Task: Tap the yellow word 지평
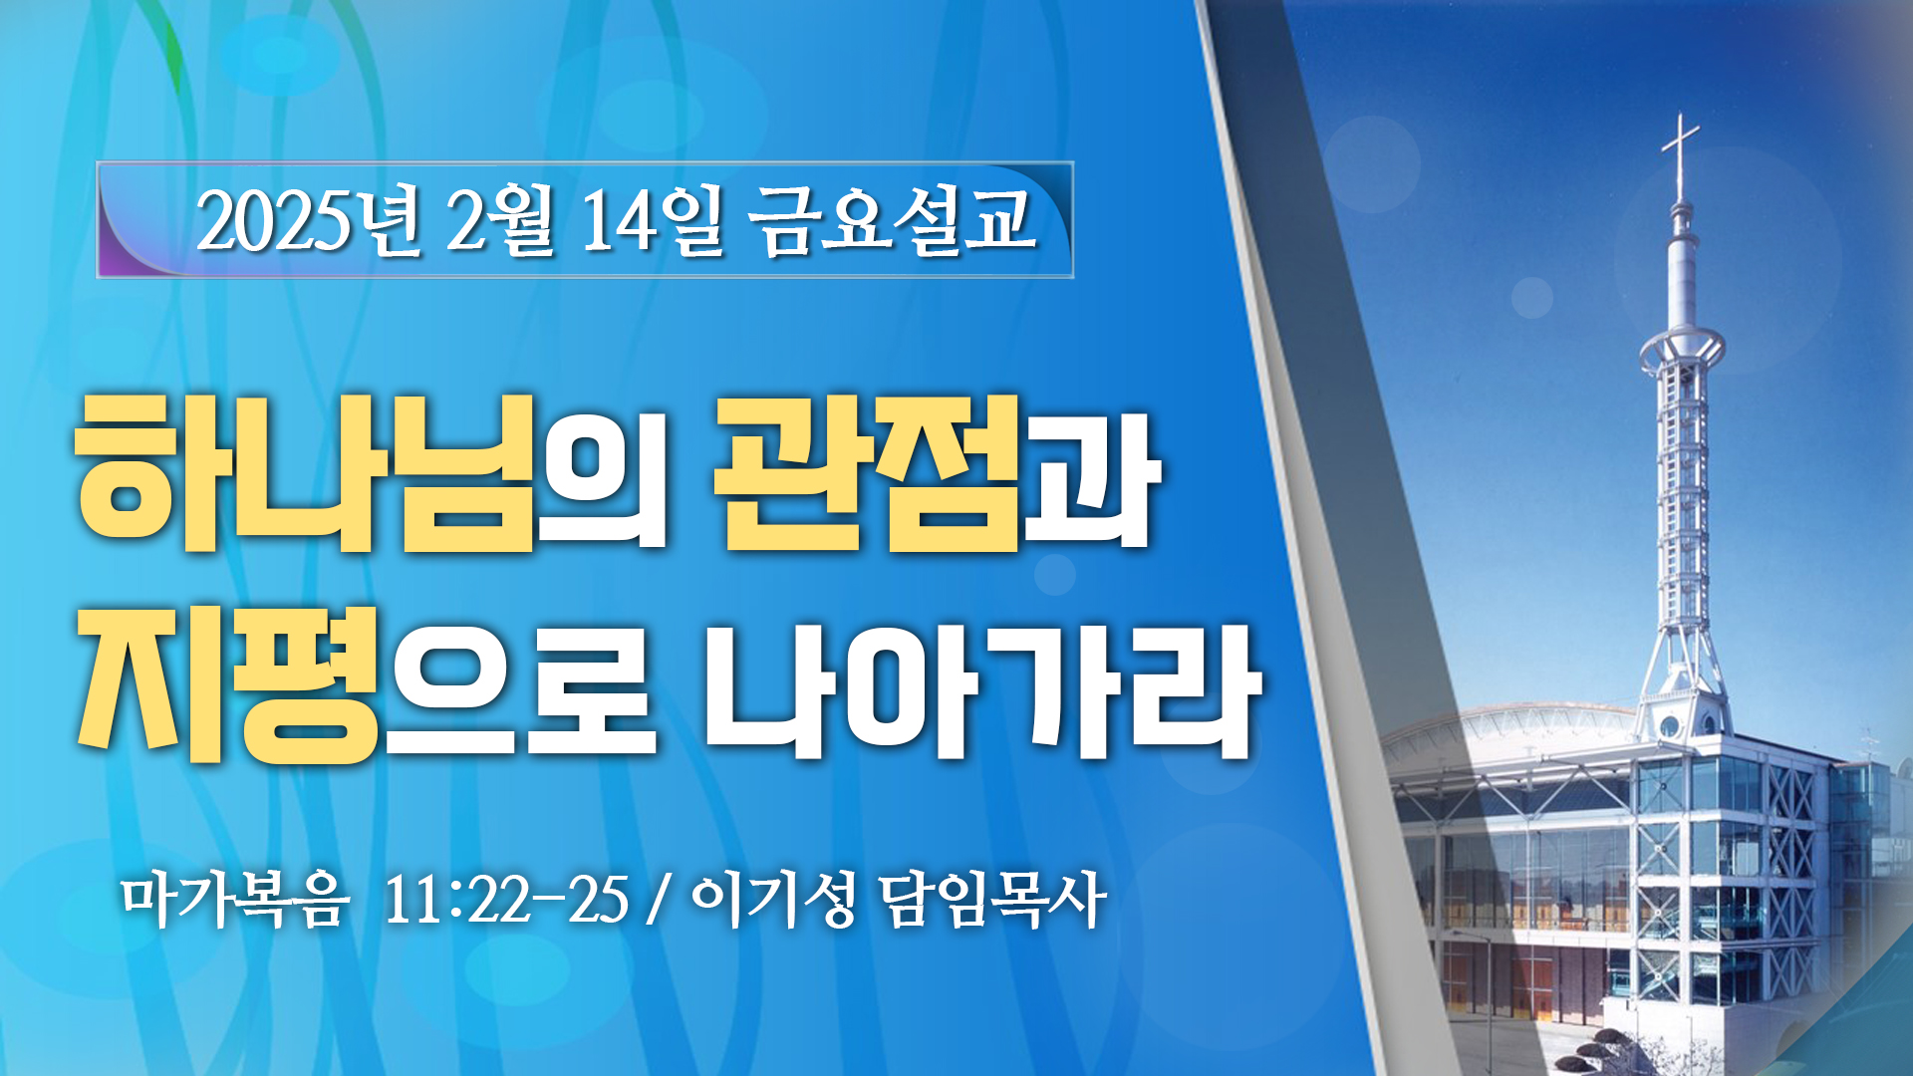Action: [x=228, y=684]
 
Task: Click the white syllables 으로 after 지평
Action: [x=521, y=689]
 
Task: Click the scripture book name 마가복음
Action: [x=235, y=900]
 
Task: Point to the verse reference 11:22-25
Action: [x=506, y=901]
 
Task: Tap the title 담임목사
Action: [x=993, y=900]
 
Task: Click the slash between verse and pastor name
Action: [x=655, y=901]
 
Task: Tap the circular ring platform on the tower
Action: [x=1682, y=349]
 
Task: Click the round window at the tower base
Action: [x=1670, y=726]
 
